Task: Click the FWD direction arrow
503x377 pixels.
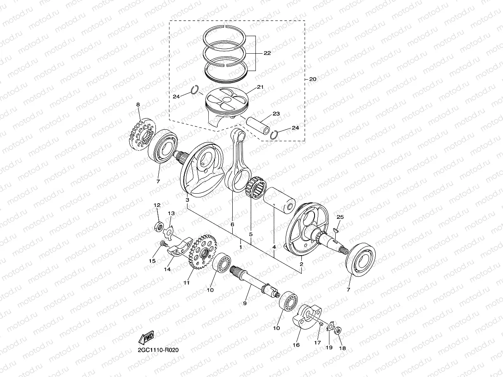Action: click(147, 338)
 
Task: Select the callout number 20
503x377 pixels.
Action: click(312, 79)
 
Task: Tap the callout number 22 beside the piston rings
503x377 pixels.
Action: click(267, 53)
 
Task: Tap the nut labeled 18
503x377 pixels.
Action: click(337, 330)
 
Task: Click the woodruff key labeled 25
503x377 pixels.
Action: click(336, 230)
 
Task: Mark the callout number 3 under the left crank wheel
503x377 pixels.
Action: click(187, 200)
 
